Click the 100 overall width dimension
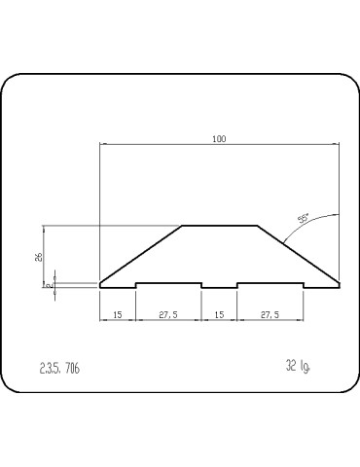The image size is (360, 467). tap(219, 139)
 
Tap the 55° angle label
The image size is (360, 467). tap(304, 220)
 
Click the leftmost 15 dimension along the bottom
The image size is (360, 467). tap(117, 315)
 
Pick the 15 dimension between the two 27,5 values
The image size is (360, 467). tap(219, 315)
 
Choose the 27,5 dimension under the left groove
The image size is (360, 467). tap(168, 315)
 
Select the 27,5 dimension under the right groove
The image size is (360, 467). tap(270, 315)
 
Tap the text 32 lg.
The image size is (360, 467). tap(298, 366)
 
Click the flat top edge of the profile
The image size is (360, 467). tap(219, 226)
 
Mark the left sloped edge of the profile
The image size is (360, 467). tap(141, 254)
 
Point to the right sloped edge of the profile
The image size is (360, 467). tap(297, 254)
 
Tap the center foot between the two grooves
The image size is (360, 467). tap(219, 288)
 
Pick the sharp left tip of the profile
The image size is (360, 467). tap(101, 283)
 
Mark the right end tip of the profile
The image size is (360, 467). tap(339, 284)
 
